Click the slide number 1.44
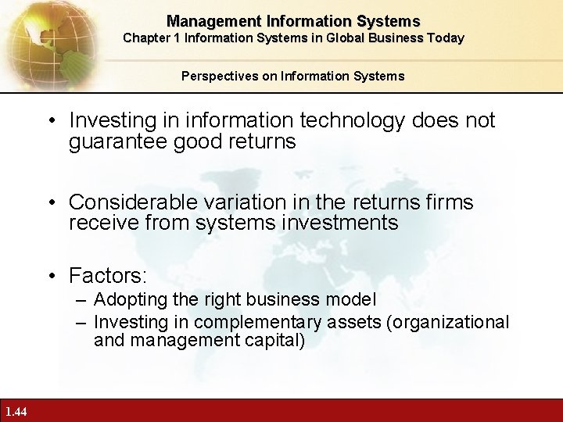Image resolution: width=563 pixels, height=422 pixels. (15, 412)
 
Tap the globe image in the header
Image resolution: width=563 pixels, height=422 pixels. (43, 39)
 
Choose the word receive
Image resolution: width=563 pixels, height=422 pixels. (99, 223)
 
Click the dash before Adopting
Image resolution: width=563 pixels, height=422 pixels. (82, 299)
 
